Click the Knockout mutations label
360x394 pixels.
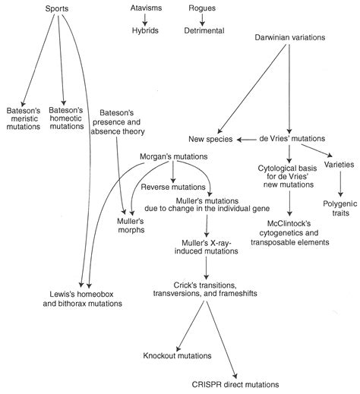tap(177, 355)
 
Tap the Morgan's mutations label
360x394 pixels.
tap(174, 156)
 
